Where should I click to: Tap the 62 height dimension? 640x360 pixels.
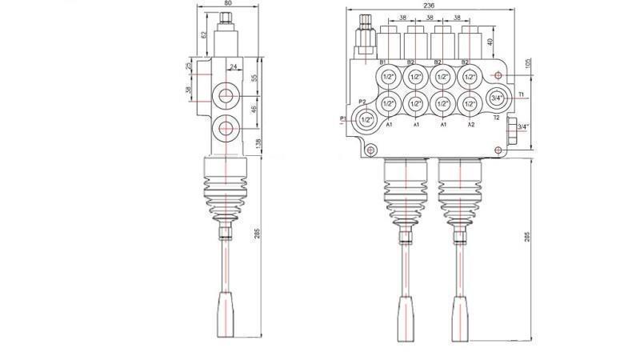tap(204, 35)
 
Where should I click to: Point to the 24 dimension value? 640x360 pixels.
tap(234, 67)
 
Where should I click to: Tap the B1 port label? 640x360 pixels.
tap(383, 62)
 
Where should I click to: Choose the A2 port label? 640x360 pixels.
tap(470, 125)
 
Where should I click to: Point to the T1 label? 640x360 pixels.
tap(521, 94)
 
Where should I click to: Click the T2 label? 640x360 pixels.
tap(496, 118)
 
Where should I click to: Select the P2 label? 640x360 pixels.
tap(362, 102)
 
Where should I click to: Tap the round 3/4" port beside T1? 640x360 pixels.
tap(496, 98)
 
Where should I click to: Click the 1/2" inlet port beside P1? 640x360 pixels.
tap(366, 119)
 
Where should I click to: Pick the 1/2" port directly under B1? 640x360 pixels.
tap(388, 78)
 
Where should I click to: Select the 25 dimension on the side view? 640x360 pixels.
tap(189, 66)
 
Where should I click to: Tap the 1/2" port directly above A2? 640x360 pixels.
tap(470, 103)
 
